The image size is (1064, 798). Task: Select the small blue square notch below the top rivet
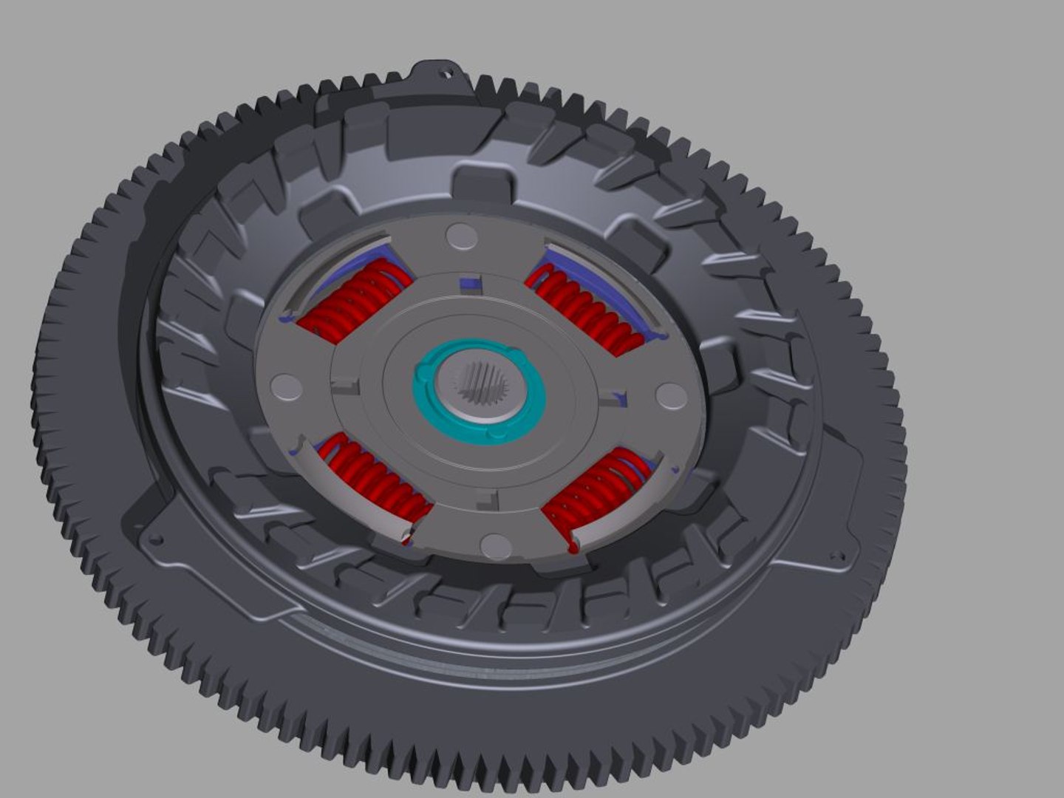point(469,284)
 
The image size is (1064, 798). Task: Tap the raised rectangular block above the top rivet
point(481,184)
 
